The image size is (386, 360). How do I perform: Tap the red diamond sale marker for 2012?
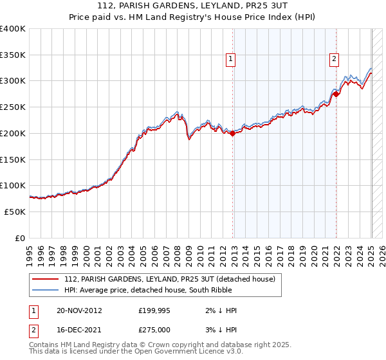pyautogui.click(x=233, y=134)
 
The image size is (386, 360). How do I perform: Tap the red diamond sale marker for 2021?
pyautogui.click(x=336, y=94)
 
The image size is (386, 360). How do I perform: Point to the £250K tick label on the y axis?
pyautogui.click(x=13, y=107)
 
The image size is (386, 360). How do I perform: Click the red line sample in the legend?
pyautogui.click(x=46, y=279)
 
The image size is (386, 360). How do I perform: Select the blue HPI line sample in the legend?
pyautogui.click(x=46, y=290)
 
